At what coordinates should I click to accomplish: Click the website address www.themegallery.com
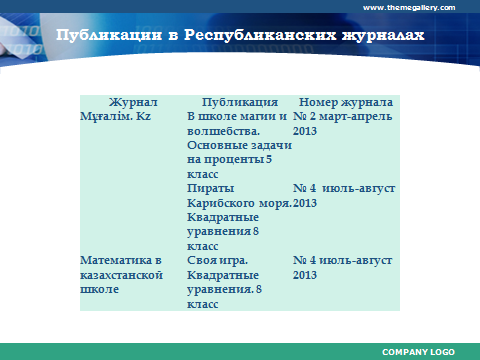409,8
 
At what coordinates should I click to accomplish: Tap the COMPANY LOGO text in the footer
418,352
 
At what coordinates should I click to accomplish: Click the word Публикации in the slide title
109,35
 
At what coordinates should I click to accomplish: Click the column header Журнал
133,102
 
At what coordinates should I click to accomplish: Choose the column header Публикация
240,102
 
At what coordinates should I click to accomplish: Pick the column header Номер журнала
346,102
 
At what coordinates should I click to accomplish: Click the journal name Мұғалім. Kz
115,116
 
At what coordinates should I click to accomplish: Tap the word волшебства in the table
223,131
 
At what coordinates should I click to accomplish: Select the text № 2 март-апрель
342,117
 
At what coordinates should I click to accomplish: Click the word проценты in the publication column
234,160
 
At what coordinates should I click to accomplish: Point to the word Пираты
210,188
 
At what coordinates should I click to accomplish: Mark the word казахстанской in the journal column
121,275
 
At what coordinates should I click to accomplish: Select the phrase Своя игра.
217,260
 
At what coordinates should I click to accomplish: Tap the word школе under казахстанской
99,289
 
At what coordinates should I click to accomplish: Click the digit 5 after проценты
269,159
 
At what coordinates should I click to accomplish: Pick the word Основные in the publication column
217,145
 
